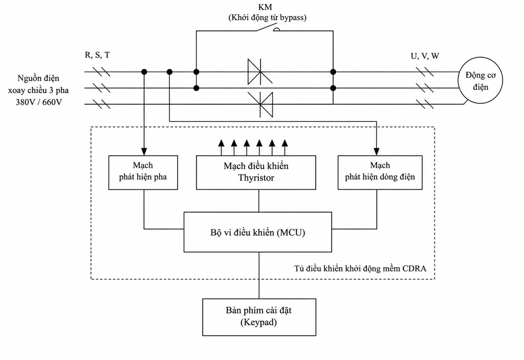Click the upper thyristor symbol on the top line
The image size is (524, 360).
point(259,72)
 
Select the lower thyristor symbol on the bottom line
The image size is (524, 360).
point(260,104)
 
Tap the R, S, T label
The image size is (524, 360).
point(97,55)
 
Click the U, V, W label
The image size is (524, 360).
point(425,56)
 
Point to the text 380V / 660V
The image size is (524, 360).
point(39,102)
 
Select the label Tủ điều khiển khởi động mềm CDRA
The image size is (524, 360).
point(360,268)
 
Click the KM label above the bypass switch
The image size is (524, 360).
point(266,7)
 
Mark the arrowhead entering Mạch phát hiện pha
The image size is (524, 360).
point(144,151)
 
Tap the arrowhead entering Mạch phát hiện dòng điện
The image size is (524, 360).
point(377,151)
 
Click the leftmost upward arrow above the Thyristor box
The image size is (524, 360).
point(221,147)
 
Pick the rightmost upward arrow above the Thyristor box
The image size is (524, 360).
point(285,147)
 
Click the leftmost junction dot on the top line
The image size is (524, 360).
point(144,72)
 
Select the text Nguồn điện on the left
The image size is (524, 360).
point(38,78)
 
